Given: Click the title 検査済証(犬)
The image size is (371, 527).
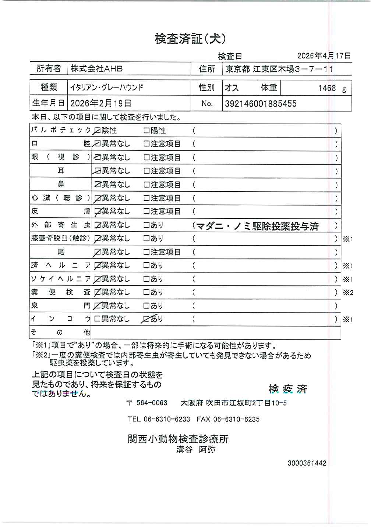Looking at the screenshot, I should point(190,39).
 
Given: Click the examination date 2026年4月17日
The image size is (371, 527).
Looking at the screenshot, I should point(324,56).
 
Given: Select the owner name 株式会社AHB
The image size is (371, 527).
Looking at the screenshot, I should point(97,69).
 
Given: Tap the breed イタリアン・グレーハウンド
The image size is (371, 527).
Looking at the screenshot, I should point(107,88).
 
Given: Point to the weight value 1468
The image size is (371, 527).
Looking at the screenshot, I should point(327,88).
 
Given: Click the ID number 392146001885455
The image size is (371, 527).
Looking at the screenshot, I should point(261,104).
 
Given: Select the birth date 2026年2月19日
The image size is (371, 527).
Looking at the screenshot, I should point(100,103).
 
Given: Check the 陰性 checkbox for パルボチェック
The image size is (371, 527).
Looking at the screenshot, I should point(98,131).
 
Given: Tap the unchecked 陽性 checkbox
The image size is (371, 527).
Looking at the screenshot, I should point(146,131).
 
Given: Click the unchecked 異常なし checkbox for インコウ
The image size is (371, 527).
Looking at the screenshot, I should point(97,319).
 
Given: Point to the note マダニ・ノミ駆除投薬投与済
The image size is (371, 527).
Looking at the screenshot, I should point(257,226).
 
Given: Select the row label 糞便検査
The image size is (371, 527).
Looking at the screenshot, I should point(61,292).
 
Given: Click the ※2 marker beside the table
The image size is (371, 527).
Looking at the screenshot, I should point(348,293).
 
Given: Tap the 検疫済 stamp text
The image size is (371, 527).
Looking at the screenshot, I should point(288,389).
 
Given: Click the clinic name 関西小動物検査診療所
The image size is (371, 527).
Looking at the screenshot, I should point(178,439).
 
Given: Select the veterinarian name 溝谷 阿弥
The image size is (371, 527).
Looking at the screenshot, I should point(196,449).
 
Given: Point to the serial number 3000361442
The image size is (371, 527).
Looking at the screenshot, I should point(307,463).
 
